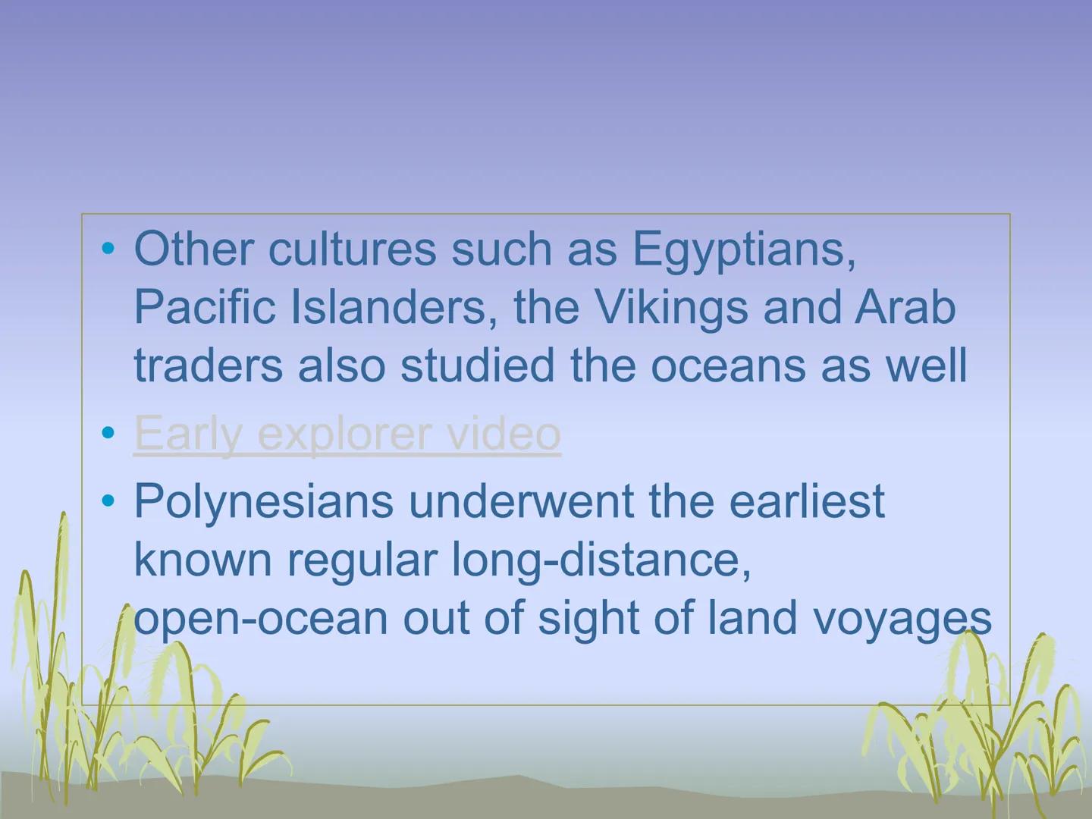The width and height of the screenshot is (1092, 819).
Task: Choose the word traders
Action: click(x=209, y=366)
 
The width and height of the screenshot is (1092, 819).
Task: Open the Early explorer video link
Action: click(x=347, y=434)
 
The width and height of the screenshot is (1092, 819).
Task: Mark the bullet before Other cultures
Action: click(x=110, y=249)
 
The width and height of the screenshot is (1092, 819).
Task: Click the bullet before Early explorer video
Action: click(x=110, y=433)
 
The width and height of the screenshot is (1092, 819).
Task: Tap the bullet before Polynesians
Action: click(x=110, y=501)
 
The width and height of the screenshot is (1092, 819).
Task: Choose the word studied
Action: click(x=479, y=366)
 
